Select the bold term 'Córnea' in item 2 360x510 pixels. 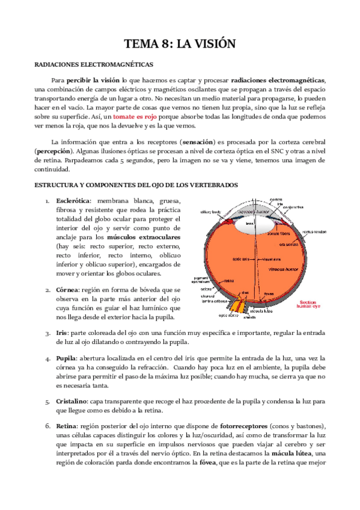pos(67,289)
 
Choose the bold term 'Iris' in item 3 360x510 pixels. pos(61,332)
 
